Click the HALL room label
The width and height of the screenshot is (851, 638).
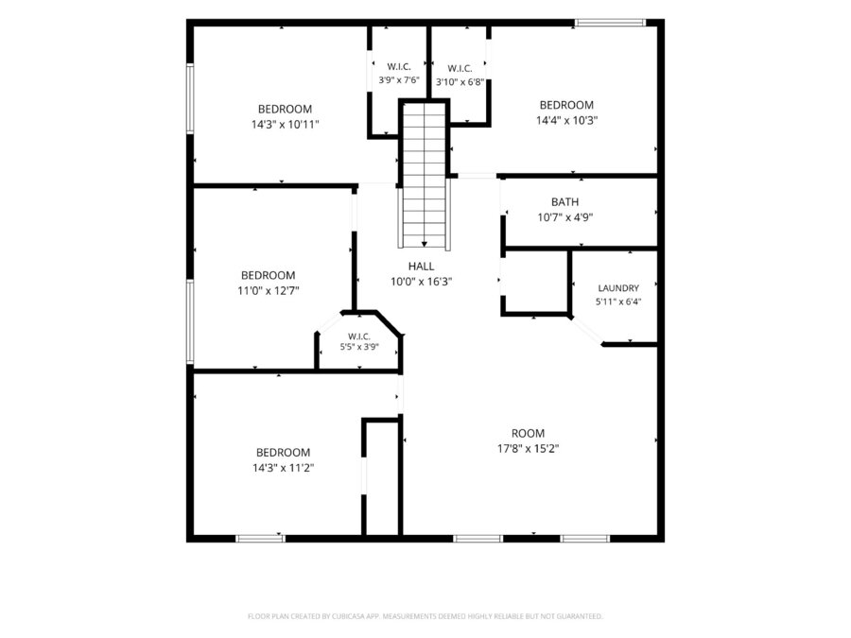tap(421, 267)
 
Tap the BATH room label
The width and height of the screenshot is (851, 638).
tap(565, 202)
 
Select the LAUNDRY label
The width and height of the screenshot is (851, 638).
tap(618, 288)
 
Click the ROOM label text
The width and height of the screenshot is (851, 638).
tap(528, 434)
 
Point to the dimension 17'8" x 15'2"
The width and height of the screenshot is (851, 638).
tap(528, 449)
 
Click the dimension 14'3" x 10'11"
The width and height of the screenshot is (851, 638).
tap(285, 124)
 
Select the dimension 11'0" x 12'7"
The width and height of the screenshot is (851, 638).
tap(269, 291)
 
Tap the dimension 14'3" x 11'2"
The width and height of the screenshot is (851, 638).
tap(284, 468)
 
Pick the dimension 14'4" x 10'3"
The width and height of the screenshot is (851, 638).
tap(566, 120)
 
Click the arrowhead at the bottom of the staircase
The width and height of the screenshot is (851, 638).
tap(425, 244)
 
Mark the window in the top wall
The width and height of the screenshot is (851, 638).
tap(610, 23)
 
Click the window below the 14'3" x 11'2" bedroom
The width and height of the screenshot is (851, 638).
tap(261, 538)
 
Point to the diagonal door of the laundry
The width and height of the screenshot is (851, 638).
tap(586, 331)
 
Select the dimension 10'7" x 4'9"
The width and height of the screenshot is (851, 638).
tap(565, 217)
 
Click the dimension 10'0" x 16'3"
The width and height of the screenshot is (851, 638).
tap(421, 282)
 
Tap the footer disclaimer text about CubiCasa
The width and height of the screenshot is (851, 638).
tap(425, 616)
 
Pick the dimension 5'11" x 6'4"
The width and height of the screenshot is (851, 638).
tap(618, 302)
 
